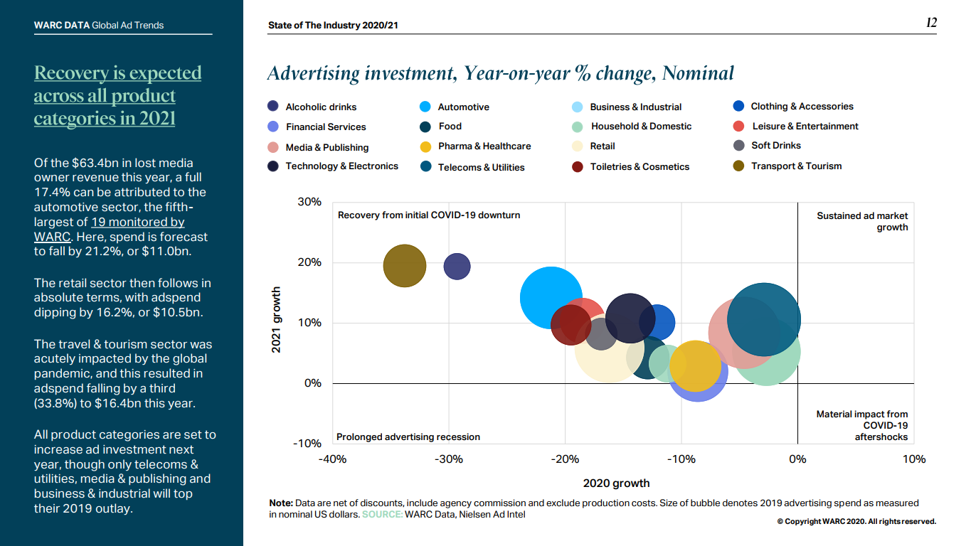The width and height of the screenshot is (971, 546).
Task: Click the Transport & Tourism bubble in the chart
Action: (404, 266)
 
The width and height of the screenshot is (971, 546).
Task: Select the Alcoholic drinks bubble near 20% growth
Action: (457, 267)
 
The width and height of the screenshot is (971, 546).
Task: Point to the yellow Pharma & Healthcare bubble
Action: (695, 365)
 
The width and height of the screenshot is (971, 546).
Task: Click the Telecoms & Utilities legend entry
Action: (481, 167)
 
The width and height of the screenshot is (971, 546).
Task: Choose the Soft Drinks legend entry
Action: (775, 145)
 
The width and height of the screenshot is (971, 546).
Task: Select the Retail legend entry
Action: (603, 146)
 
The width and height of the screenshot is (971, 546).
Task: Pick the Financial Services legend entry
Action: (326, 127)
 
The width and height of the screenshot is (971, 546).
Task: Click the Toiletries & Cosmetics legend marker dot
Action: (577, 167)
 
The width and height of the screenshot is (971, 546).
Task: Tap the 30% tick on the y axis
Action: (309, 202)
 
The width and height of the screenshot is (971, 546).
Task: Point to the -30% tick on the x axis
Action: (449, 459)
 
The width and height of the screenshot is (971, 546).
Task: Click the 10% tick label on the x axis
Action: (913, 459)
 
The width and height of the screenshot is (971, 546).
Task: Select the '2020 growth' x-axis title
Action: (616, 483)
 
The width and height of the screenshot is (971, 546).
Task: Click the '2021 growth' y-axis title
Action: (277, 319)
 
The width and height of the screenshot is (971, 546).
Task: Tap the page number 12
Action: (931, 23)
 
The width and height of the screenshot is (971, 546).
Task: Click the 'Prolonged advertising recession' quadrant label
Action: (408, 437)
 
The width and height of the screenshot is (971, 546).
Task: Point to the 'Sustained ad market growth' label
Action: (862, 221)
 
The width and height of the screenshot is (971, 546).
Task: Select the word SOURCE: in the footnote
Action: (382, 514)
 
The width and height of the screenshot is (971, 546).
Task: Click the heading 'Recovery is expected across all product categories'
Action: (117, 95)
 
